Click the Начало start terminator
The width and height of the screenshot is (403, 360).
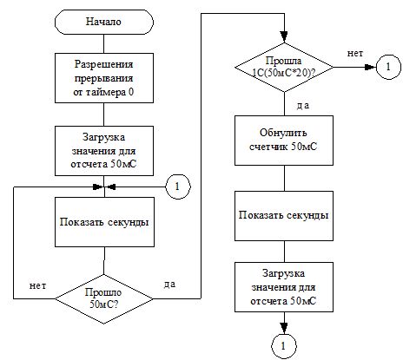(x=104, y=22)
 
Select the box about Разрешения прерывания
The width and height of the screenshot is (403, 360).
(x=104, y=78)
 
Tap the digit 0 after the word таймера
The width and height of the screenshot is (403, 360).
(x=131, y=92)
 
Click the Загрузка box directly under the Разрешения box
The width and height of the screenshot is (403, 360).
(x=104, y=151)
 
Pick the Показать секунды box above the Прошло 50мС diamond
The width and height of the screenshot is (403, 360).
(x=104, y=222)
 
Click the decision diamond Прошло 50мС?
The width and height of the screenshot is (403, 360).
(x=104, y=298)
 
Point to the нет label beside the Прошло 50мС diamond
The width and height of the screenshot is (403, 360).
(x=37, y=286)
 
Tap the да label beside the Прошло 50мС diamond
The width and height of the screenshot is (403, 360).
(x=169, y=285)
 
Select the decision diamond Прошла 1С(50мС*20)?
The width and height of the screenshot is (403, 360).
(x=284, y=68)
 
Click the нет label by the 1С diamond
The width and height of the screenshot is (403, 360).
(x=355, y=54)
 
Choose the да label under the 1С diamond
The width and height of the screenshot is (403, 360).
(x=303, y=106)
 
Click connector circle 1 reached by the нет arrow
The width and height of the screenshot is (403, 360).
(x=388, y=67)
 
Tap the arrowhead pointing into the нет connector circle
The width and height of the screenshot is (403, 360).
(x=370, y=68)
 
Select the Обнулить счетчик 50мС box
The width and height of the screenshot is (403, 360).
(x=284, y=141)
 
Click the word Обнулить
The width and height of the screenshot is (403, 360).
(x=283, y=133)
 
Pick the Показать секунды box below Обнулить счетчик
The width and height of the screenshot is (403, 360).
(x=284, y=216)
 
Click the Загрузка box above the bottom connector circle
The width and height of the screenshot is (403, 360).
(x=284, y=287)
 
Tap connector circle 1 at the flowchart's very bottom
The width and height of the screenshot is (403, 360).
(x=284, y=346)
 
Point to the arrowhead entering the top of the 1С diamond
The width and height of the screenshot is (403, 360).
(x=284, y=37)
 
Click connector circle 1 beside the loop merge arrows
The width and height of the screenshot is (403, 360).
(x=178, y=187)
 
